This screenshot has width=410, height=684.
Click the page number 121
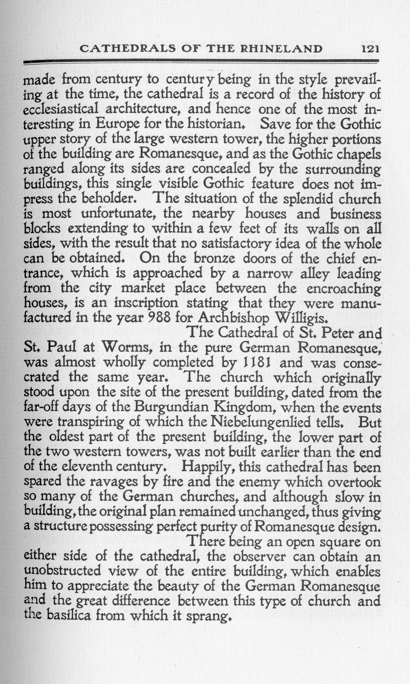370,49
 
